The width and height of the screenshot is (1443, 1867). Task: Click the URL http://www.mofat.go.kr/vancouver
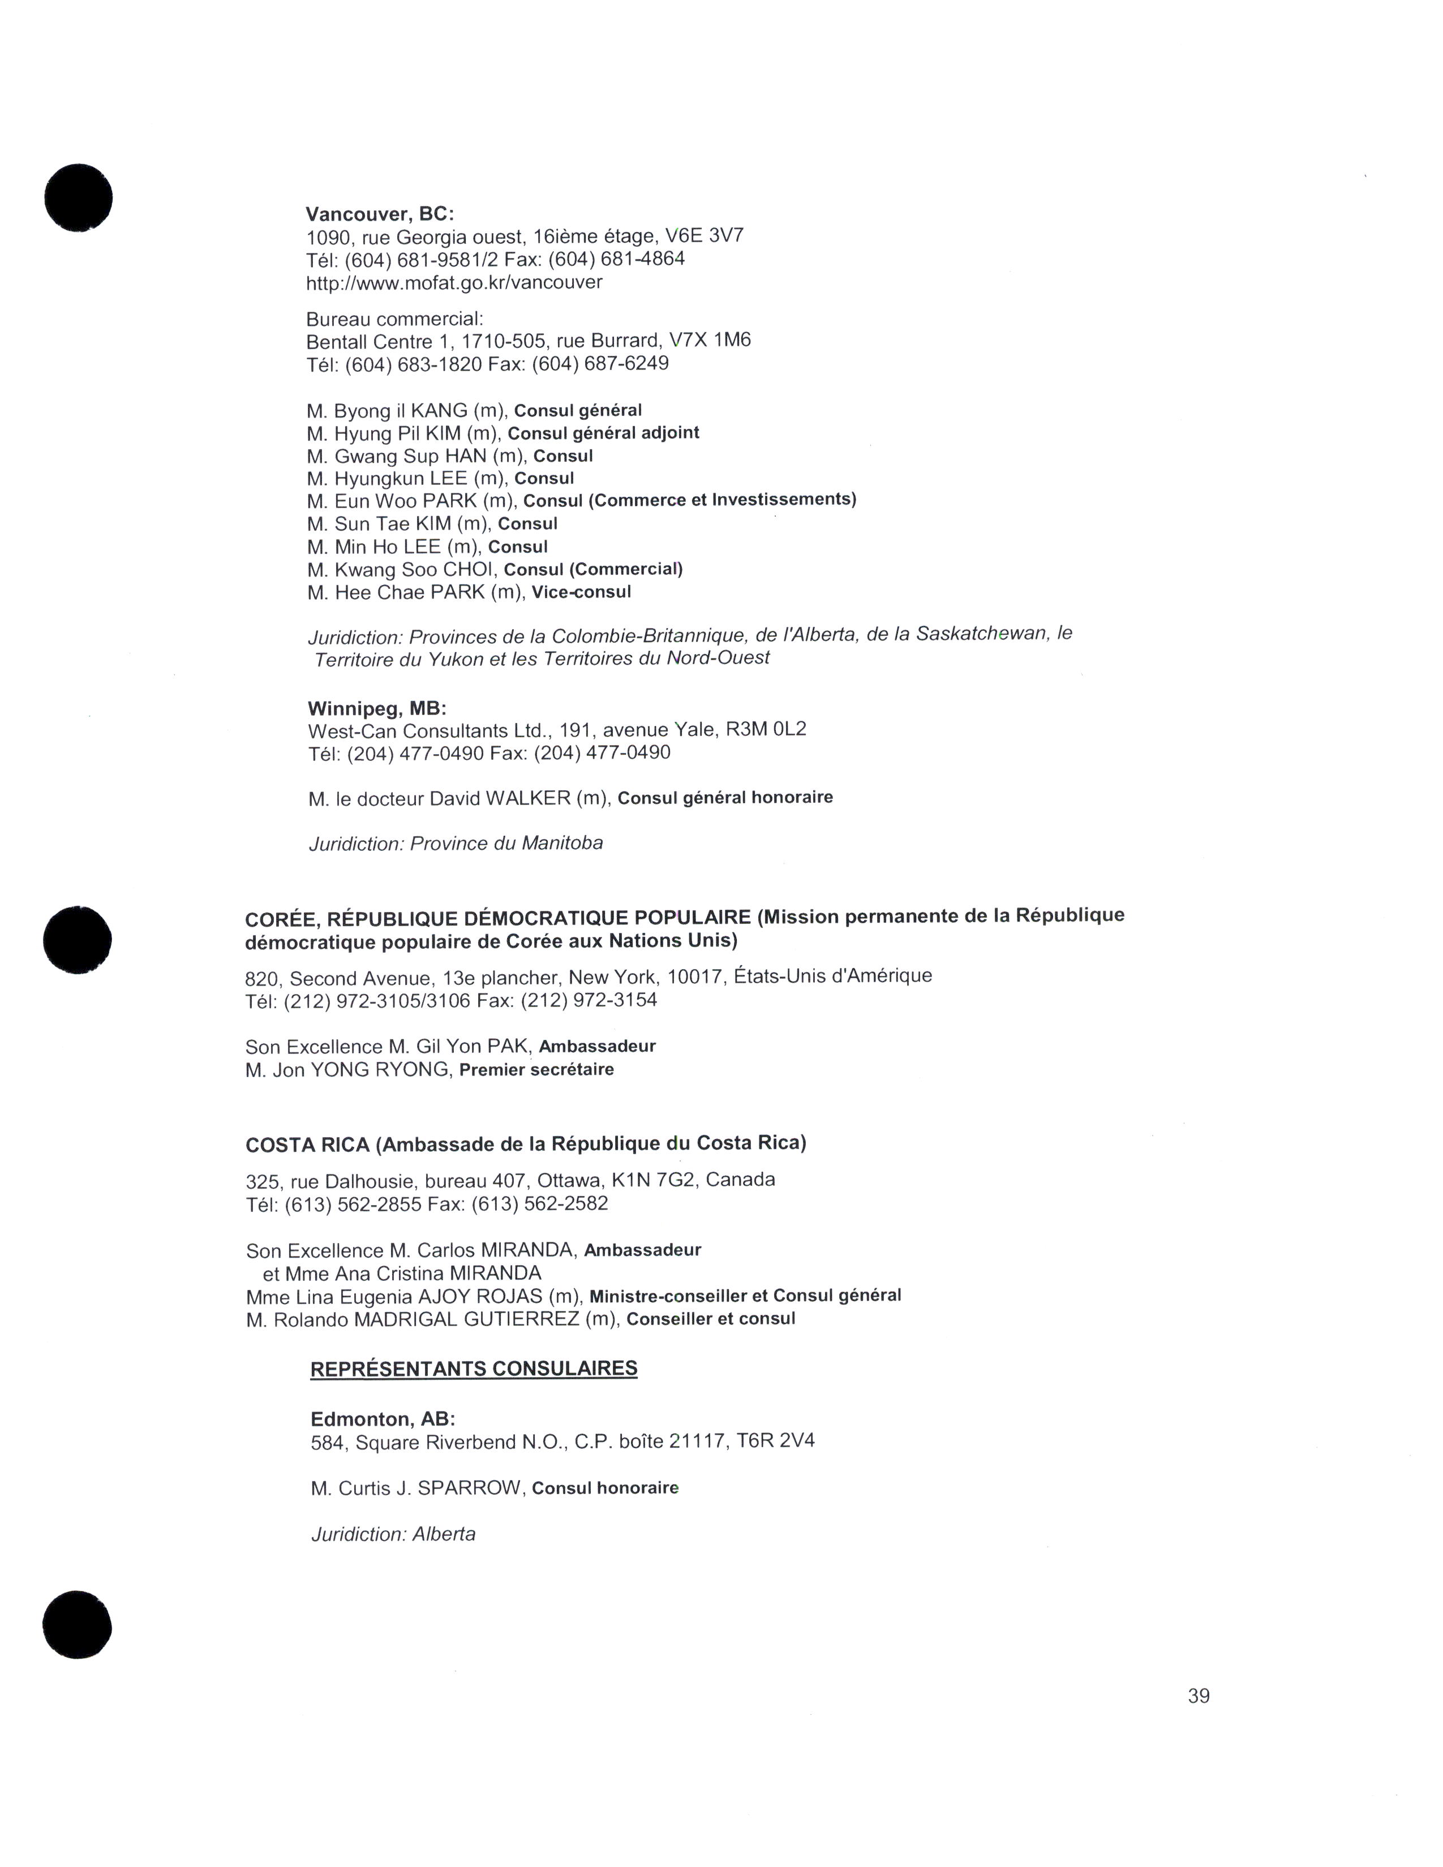(454, 282)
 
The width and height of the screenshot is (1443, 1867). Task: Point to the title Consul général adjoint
(604, 433)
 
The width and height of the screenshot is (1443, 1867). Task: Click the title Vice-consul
(581, 592)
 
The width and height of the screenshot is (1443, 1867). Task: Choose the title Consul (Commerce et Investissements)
(690, 499)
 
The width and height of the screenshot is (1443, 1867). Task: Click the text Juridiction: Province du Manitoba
(456, 844)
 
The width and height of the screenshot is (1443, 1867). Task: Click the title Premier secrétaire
(536, 1069)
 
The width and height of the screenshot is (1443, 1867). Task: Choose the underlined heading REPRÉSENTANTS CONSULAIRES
(474, 1369)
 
